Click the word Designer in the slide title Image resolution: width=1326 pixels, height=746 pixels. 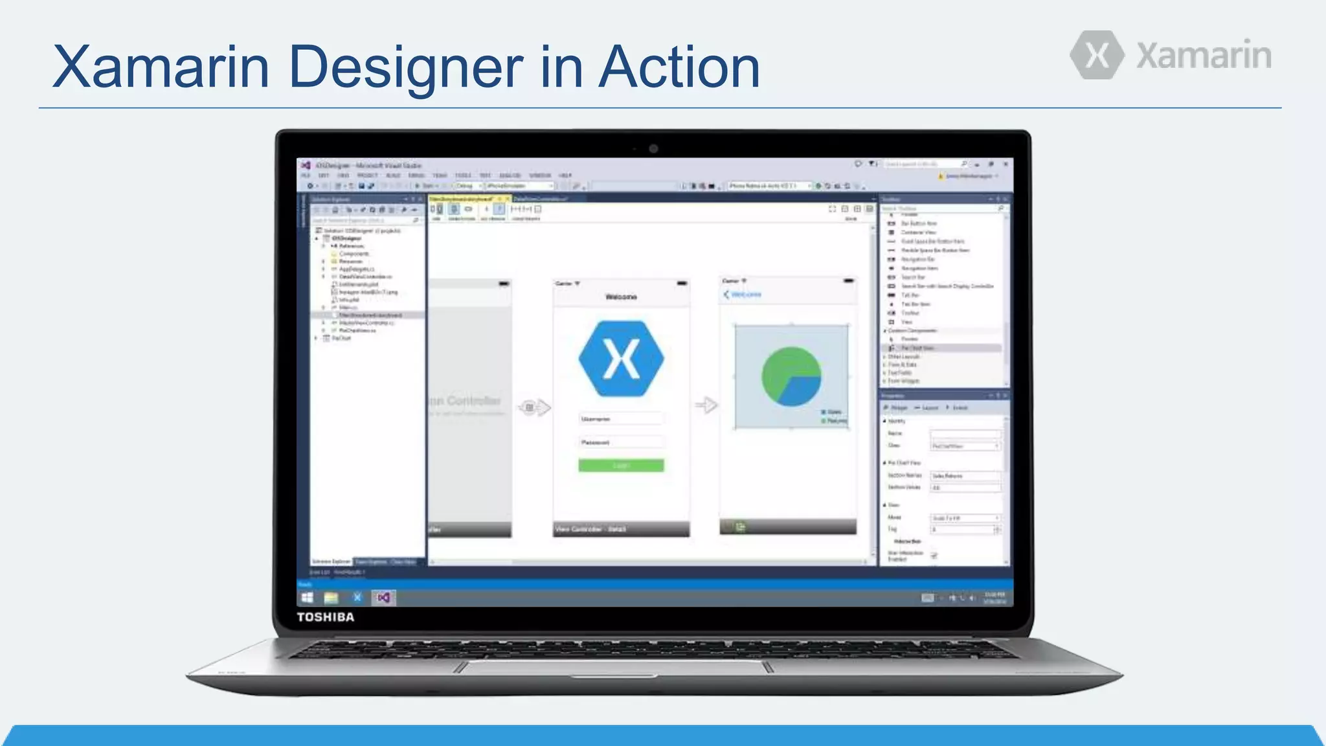[x=405, y=67]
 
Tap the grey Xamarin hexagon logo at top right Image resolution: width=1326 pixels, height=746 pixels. [x=1097, y=55]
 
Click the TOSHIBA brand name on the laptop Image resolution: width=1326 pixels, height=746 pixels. [x=326, y=617]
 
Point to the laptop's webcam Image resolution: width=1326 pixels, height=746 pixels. [x=653, y=149]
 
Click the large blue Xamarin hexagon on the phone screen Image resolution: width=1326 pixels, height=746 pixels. [x=621, y=359]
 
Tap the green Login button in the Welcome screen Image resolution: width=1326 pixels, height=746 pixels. [x=621, y=465]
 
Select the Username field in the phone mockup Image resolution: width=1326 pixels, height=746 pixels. [x=621, y=419]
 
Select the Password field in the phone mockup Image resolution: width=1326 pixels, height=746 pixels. [x=621, y=442]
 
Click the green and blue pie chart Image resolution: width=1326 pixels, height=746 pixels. [x=791, y=376]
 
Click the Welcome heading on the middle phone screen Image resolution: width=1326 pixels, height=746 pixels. [x=621, y=297]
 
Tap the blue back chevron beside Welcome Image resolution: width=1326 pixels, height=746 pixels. [x=726, y=295]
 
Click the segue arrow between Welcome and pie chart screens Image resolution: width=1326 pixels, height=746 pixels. [x=706, y=405]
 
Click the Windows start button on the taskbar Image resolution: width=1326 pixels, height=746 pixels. [x=307, y=598]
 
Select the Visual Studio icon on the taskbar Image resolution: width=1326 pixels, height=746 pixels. [x=383, y=598]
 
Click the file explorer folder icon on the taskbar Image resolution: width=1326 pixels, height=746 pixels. [x=331, y=598]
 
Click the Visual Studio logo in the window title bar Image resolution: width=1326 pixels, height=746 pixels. [x=306, y=165]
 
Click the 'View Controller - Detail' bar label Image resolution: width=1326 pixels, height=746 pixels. [x=590, y=529]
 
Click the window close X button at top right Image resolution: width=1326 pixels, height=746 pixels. [x=1005, y=164]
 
